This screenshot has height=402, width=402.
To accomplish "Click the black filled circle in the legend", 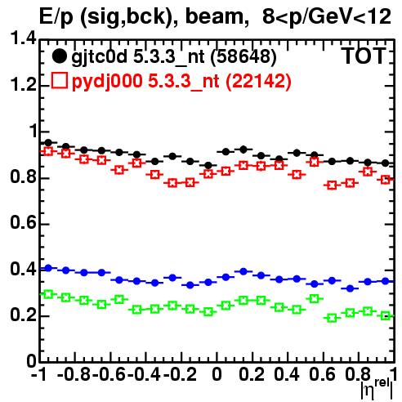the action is click(x=59, y=56).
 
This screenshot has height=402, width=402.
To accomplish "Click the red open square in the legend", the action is click(x=59, y=81).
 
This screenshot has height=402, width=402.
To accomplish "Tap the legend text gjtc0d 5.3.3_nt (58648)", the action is click(x=174, y=57).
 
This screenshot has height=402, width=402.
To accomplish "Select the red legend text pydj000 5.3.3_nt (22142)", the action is click(x=181, y=82).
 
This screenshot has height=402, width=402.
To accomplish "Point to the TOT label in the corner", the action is click(x=364, y=56).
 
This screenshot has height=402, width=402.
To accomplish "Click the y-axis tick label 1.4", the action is click(x=23, y=38).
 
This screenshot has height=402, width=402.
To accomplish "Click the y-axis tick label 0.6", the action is click(x=23, y=223).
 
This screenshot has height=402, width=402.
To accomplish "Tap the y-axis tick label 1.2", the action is click(x=23, y=84).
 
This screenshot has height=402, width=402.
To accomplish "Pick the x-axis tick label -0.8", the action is click(x=74, y=374).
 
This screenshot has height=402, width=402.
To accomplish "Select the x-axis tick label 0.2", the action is click(x=252, y=374).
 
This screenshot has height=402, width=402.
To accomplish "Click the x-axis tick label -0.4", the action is click(x=145, y=374).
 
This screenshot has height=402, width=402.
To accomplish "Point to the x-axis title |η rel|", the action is click(x=377, y=388).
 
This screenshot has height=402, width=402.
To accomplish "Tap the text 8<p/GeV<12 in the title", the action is click(x=327, y=16).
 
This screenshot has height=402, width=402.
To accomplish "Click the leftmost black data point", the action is click(x=48, y=142).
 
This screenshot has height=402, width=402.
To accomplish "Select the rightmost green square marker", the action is click(x=386, y=316).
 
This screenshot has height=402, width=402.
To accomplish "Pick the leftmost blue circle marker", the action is click(x=48, y=268).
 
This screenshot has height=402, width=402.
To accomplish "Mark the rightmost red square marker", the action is click(x=386, y=180).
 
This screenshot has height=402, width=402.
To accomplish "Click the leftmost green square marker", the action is click(x=48, y=294).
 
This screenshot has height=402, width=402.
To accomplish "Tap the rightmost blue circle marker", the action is click(x=386, y=281).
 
